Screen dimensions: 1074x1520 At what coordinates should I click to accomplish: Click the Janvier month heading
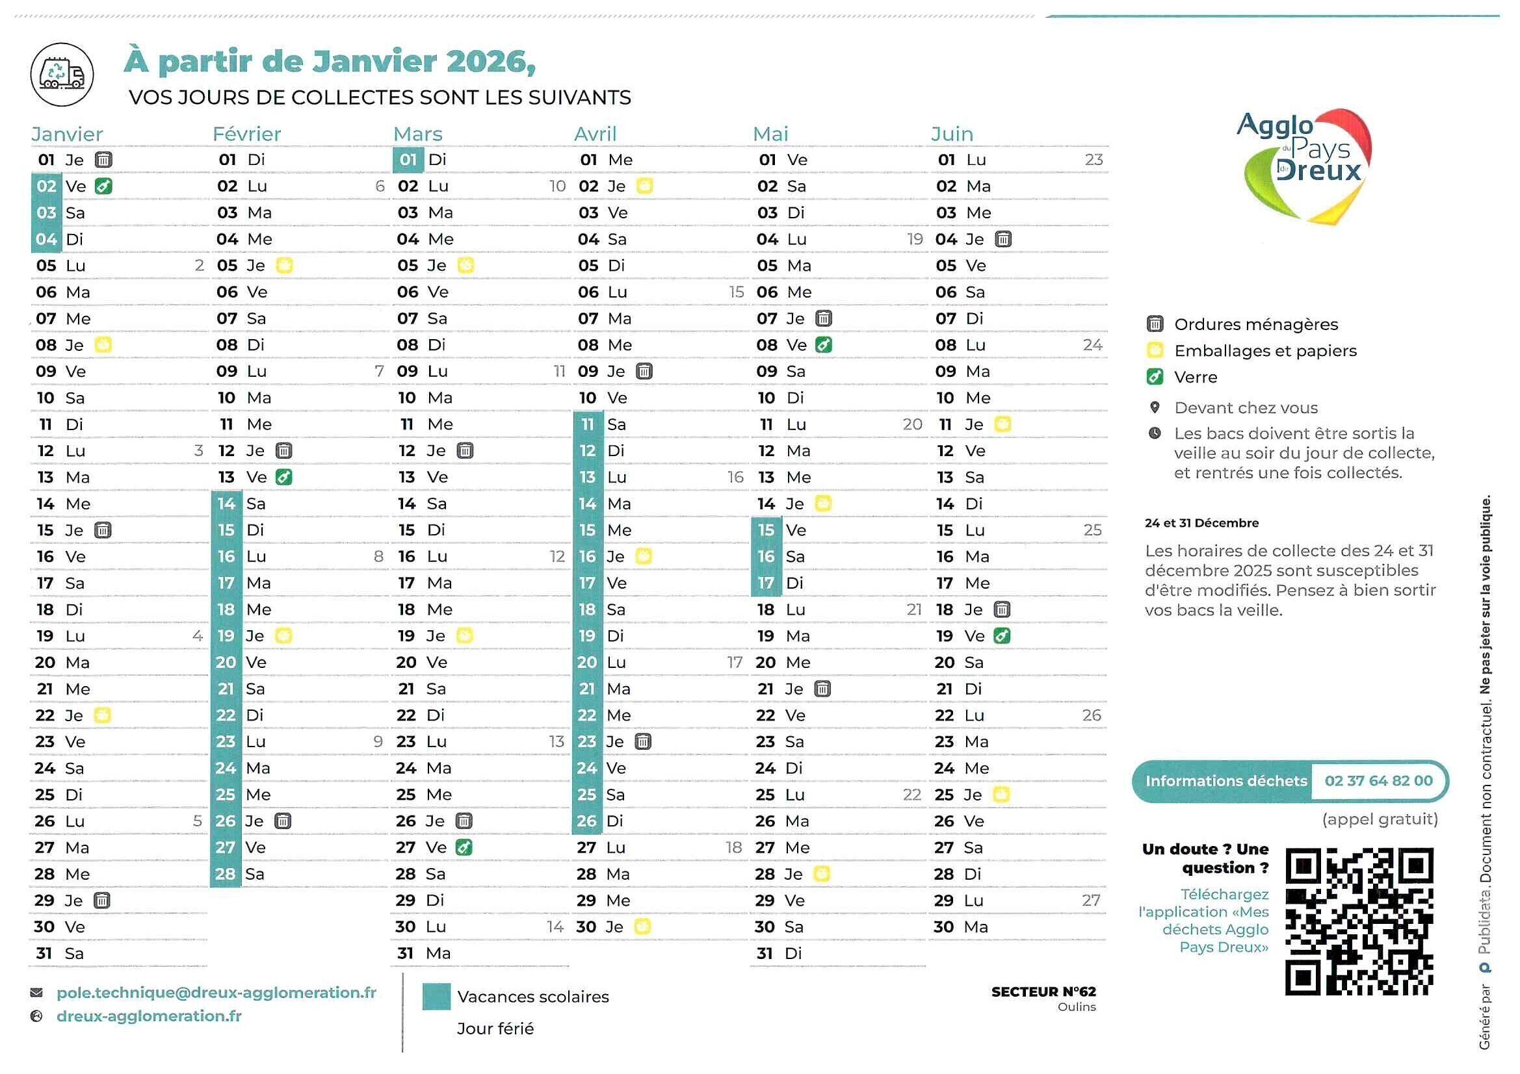pos(67,134)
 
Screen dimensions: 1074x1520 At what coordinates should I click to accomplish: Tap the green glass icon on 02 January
pos(103,186)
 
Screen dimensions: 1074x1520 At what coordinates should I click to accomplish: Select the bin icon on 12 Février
pos(283,451)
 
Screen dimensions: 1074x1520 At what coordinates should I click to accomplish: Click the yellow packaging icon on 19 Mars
pos(465,636)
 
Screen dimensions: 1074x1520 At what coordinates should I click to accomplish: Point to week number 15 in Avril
pos(736,292)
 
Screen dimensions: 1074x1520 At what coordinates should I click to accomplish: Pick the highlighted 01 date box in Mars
pos(408,159)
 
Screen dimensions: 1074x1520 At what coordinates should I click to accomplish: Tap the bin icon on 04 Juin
pos(1003,239)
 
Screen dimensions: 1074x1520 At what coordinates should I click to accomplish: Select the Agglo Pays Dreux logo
pos(1303,166)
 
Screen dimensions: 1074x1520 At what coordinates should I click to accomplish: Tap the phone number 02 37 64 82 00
pos(1378,781)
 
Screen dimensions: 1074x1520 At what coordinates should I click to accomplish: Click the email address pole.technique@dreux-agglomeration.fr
pos(216,993)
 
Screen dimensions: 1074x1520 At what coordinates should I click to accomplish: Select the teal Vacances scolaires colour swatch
pos(436,997)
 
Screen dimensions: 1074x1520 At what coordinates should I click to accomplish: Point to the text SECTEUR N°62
pos(1043,991)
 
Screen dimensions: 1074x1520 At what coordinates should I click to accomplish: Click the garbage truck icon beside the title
pos(62,74)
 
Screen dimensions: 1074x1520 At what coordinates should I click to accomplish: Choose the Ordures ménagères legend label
pos(1256,324)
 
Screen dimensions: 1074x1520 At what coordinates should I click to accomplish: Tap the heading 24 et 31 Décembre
pos(1201,523)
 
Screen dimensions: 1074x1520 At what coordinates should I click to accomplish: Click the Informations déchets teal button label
pos(1225,781)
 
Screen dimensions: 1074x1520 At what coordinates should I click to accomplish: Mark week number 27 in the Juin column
pos(1090,901)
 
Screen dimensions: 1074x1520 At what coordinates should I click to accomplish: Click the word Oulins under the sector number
pos(1077,1007)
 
